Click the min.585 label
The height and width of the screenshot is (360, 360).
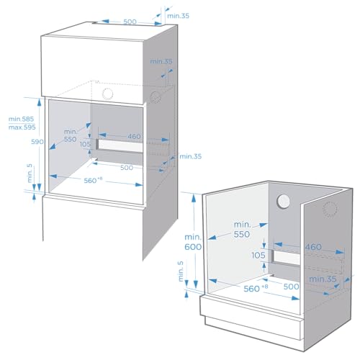click(21, 120)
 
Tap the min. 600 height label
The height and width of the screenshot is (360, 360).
click(192, 242)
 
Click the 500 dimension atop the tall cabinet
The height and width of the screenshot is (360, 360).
click(130, 22)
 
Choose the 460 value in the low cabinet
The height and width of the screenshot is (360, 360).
click(313, 247)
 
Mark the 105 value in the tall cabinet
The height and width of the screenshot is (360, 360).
click(86, 145)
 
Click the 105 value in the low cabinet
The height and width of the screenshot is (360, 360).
click(258, 255)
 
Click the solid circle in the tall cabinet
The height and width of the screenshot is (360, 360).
click(109, 94)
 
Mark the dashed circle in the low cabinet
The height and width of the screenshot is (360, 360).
click(331, 209)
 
